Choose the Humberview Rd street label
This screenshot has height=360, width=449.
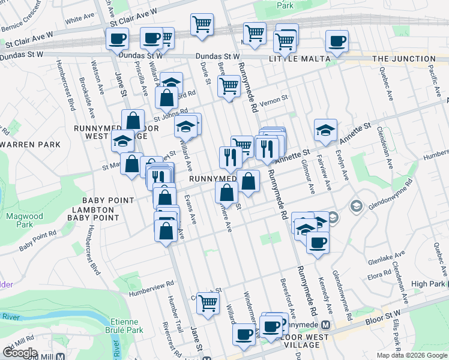point(151,284)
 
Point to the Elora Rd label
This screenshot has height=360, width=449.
point(379,276)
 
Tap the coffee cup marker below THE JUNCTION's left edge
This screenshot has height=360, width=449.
point(336,42)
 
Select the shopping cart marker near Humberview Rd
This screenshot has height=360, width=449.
point(208,304)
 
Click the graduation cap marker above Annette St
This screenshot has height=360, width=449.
point(325,130)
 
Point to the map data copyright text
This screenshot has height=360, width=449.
point(412,355)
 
